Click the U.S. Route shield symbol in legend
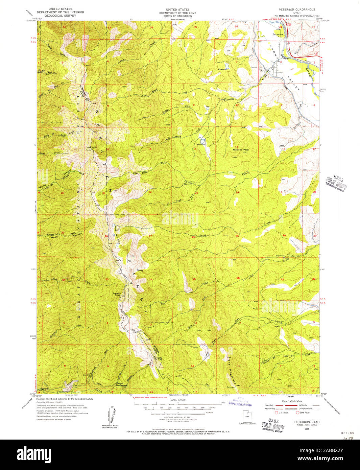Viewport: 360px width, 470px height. (x=276, y=412)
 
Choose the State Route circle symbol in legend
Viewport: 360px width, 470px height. (x=297, y=412)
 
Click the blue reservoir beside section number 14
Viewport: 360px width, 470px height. (x=202, y=140)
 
